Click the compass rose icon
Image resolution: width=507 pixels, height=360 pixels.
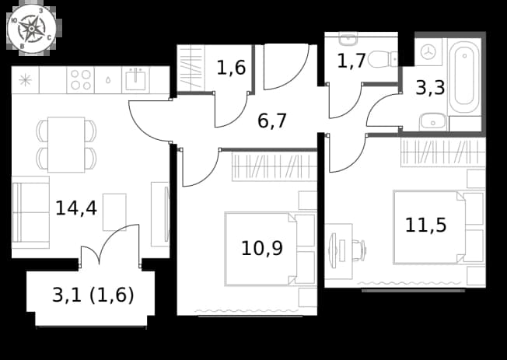click(x=32, y=29)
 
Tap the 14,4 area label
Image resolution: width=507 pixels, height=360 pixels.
click(x=76, y=208)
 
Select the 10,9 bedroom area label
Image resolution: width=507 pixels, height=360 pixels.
click(x=262, y=248)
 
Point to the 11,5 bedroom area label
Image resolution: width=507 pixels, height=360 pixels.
click(x=426, y=225)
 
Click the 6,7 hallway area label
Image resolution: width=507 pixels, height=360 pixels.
click(x=272, y=121)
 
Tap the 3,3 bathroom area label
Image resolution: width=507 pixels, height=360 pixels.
click(x=430, y=88)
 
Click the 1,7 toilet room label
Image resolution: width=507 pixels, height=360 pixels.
click(x=351, y=61)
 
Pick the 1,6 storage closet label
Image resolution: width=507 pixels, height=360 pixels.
click(x=231, y=68)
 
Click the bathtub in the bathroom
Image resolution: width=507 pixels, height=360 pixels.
click(x=464, y=76)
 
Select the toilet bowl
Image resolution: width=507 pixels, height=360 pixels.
click(x=382, y=59)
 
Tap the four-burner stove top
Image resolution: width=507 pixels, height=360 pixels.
click(x=81, y=80)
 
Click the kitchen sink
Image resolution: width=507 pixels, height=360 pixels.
click(x=136, y=80)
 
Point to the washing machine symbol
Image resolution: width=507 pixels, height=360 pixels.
click(x=428, y=52)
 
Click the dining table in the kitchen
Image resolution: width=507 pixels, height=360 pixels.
click(x=66, y=145)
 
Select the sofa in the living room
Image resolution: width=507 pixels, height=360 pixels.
click(x=30, y=212)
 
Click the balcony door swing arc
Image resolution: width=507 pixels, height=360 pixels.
click(x=118, y=239)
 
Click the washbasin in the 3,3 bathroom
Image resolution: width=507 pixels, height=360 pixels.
click(x=432, y=122)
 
